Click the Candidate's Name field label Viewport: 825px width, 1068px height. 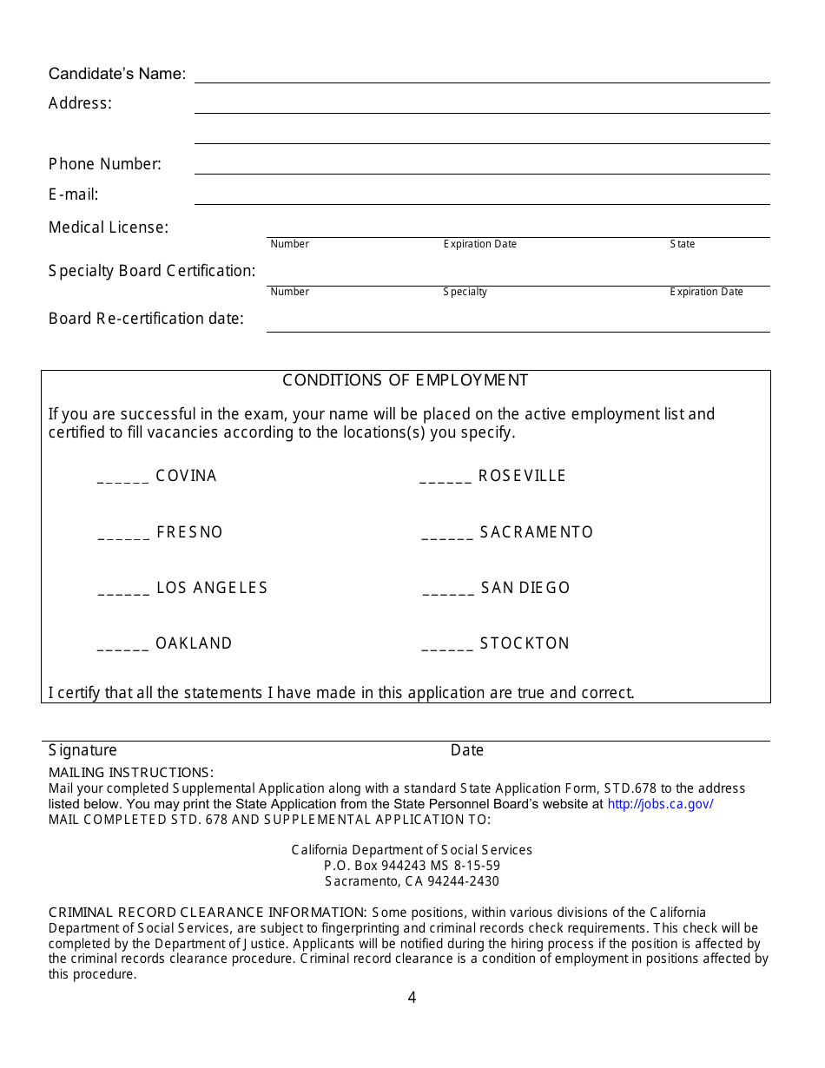tap(117, 74)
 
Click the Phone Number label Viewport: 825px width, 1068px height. tap(105, 164)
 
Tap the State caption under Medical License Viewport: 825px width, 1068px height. tap(683, 244)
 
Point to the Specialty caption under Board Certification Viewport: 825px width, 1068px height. tap(465, 292)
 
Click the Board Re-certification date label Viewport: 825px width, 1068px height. tap(146, 319)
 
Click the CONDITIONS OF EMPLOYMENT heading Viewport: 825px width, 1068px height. tap(406, 380)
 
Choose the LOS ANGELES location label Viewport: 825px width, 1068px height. tap(212, 588)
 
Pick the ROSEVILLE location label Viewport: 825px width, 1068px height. tap(522, 476)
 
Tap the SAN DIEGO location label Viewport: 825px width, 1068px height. tap(525, 588)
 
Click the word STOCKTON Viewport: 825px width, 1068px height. tap(525, 643)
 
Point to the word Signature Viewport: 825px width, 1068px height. tap(82, 750)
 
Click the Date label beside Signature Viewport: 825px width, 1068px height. tap(467, 750)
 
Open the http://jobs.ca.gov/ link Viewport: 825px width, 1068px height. tap(660, 804)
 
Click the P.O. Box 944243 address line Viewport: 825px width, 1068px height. tap(412, 866)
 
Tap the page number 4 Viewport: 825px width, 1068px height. tap(412, 998)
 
